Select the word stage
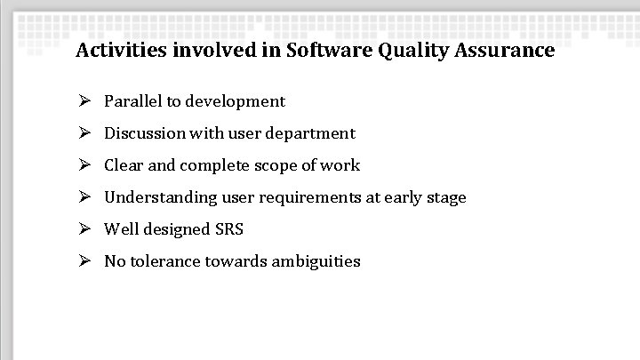pos(446,197)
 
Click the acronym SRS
pos(229,229)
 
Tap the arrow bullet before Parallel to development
pos(84,101)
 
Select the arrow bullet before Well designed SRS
pos(84,229)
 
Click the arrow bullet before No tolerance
pos(84,261)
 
